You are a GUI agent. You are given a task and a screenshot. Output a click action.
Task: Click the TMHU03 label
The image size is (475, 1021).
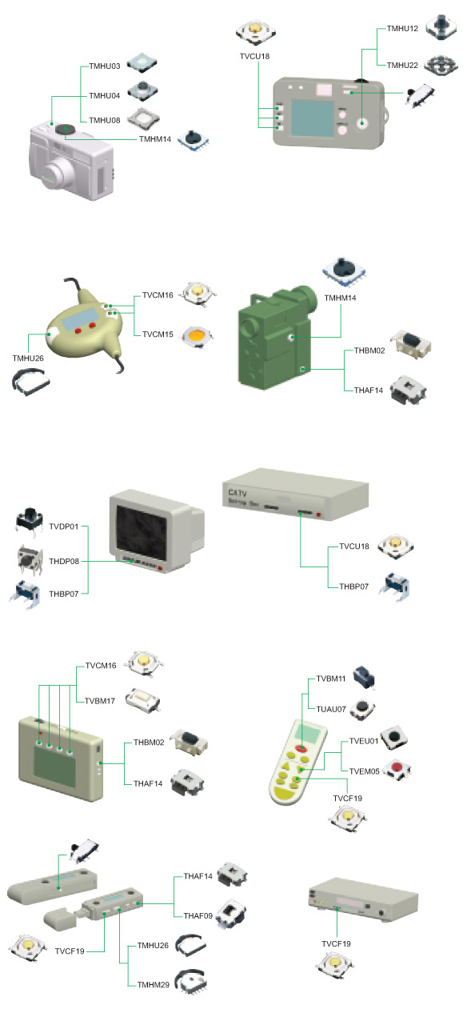pyautogui.click(x=104, y=66)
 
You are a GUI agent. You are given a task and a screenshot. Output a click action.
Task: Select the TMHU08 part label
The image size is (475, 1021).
pyautogui.click(x=104, y=120)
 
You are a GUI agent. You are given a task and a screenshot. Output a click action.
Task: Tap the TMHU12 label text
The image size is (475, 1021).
pyautogui.click(x=402, y=28)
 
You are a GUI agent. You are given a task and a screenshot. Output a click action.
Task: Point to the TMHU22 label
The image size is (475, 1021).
pyautogui.click(x=402, y=65)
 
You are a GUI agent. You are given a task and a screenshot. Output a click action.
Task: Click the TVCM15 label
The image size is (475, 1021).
pyautogui.click(x=158, y=334)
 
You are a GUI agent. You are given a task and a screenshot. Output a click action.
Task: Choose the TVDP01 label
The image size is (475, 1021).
pyautogui.click(x=64, y=527)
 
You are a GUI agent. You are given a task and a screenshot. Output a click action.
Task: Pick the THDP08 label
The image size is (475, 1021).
pyautogui.click(x=64, y=561)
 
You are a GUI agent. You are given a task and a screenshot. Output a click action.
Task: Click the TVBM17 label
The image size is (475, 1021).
pyautogui.click(x=100, y=701)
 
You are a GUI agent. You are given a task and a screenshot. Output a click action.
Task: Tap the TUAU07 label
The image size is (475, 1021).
pyautogui.click(x=331, y=709)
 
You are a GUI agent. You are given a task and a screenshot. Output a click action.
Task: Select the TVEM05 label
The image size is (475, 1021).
pyautogui.click(x=365, y=771)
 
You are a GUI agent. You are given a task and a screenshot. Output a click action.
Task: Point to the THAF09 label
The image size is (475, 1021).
pyautogui.click(x=198, y=915)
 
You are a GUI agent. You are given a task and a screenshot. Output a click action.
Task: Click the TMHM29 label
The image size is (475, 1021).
pyautogui.click(x=154, y=984)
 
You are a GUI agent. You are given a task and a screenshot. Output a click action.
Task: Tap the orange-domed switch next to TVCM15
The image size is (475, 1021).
pyautogui.click(x=198, y=336)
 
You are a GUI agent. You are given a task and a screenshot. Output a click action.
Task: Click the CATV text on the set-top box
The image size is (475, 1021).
pyautogui.click(x=237, y=492)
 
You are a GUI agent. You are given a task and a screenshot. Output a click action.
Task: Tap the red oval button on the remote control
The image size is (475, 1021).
pyautogui.click(x=301, y=748)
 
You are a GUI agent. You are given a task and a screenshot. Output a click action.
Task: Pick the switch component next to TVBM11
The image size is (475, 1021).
pyautogui.click(x=365, y=676)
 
